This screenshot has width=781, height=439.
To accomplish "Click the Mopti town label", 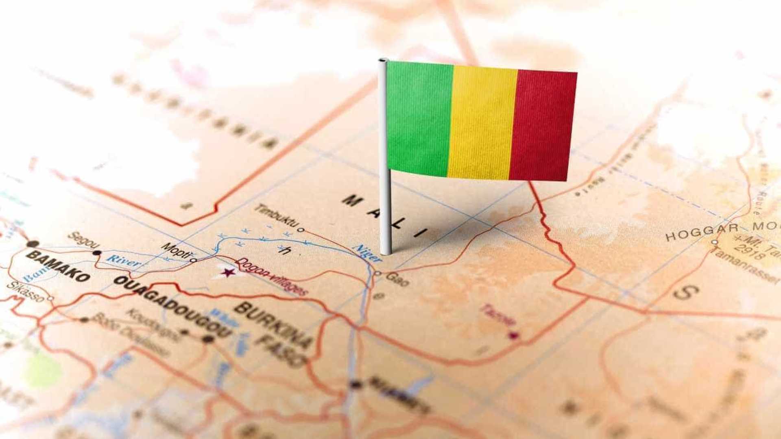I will point(176,250).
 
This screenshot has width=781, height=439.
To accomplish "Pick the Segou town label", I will point(83,240).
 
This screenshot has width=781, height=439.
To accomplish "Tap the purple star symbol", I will point(228,272).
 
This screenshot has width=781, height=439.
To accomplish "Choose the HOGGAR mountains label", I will point(702,232).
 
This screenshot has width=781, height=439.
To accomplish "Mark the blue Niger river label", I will point(369,253).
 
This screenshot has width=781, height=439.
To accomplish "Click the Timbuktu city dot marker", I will point(301,230).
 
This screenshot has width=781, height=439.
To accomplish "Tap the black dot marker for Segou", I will point(97,253).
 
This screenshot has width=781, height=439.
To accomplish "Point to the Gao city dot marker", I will point(377,274).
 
